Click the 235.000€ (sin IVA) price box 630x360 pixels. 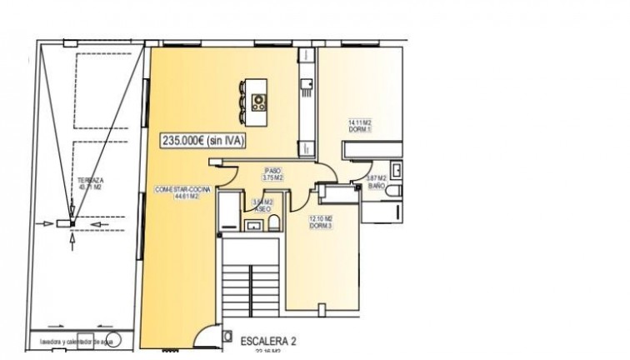[x=203, y=142]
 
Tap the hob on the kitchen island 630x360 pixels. [x=259, y=102]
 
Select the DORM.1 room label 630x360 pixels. [x=360, y=130]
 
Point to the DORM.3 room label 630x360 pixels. [x=321, y=226]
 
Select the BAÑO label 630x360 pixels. [x=376, y=187]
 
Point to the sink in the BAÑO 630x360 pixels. [x=396, y=171]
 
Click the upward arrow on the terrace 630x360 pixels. [x=73, y=241]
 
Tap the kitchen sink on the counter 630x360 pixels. [x=306, y=83]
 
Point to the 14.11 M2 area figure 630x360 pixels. [x=360, y=122]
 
